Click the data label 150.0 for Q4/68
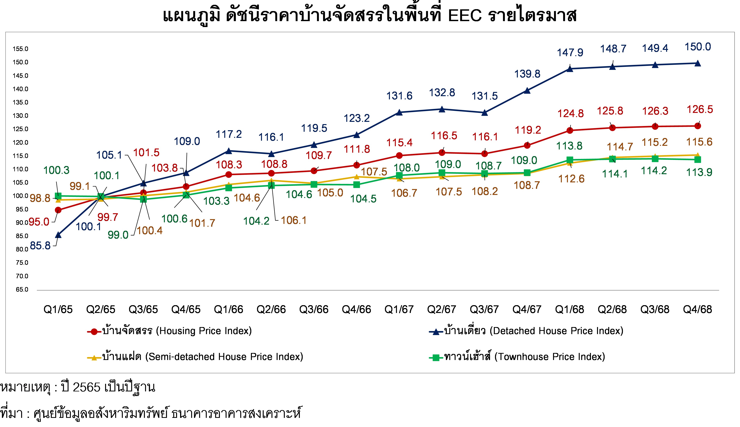click(x=698, y=47)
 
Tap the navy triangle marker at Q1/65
click(x=58, y=235)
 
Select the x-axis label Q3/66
click(x=314, y=309)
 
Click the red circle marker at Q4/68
click(x=698, y=126)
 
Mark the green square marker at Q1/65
click(x=58, y=196)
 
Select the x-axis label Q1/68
click(x=569, y=309)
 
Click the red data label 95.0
click(x=39, y=222)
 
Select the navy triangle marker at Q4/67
click(x=527, y=91)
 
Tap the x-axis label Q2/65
click(x=101, y=309)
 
